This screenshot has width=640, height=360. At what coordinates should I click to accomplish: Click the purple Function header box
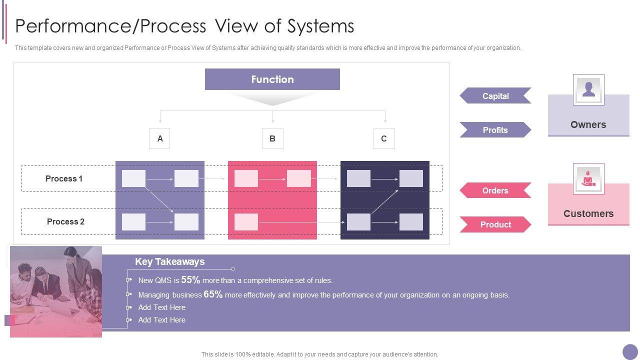[x=272, y=79]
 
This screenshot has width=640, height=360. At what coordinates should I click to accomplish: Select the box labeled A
[x=159, y=138]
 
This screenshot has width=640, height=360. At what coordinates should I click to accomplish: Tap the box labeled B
[x=272, y=138]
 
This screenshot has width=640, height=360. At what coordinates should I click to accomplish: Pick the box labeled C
[x=384, y=138]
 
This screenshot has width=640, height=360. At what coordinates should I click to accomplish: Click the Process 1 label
[x=64, y=178]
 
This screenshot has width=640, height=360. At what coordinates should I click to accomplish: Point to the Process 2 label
[x=65, y=221]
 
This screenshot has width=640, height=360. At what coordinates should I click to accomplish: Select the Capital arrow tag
[x=495, y=96]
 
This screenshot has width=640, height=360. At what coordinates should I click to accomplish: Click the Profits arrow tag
[x=495, y=130]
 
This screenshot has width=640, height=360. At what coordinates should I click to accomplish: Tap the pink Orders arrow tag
[x=495, y=190]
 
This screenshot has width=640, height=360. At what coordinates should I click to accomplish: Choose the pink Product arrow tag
[x=495, y=224]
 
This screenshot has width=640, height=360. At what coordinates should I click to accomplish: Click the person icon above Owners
[x=588, y=89]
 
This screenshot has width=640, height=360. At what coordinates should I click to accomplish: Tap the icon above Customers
[x=588, y=178]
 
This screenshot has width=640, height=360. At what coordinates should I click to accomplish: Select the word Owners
[x=588, y=124]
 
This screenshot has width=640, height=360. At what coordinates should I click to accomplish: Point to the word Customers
[x=588, y=213]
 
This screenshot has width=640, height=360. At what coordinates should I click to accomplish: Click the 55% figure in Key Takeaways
[x=190, y=280]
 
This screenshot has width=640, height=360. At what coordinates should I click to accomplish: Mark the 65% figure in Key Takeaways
[x=213, y=294]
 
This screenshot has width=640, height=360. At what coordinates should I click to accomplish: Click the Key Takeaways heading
[x=169, y=261]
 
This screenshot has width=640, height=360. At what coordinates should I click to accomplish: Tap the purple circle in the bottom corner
[x=630, y=351]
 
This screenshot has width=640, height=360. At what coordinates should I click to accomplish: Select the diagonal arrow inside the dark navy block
[x=384, y=201]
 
